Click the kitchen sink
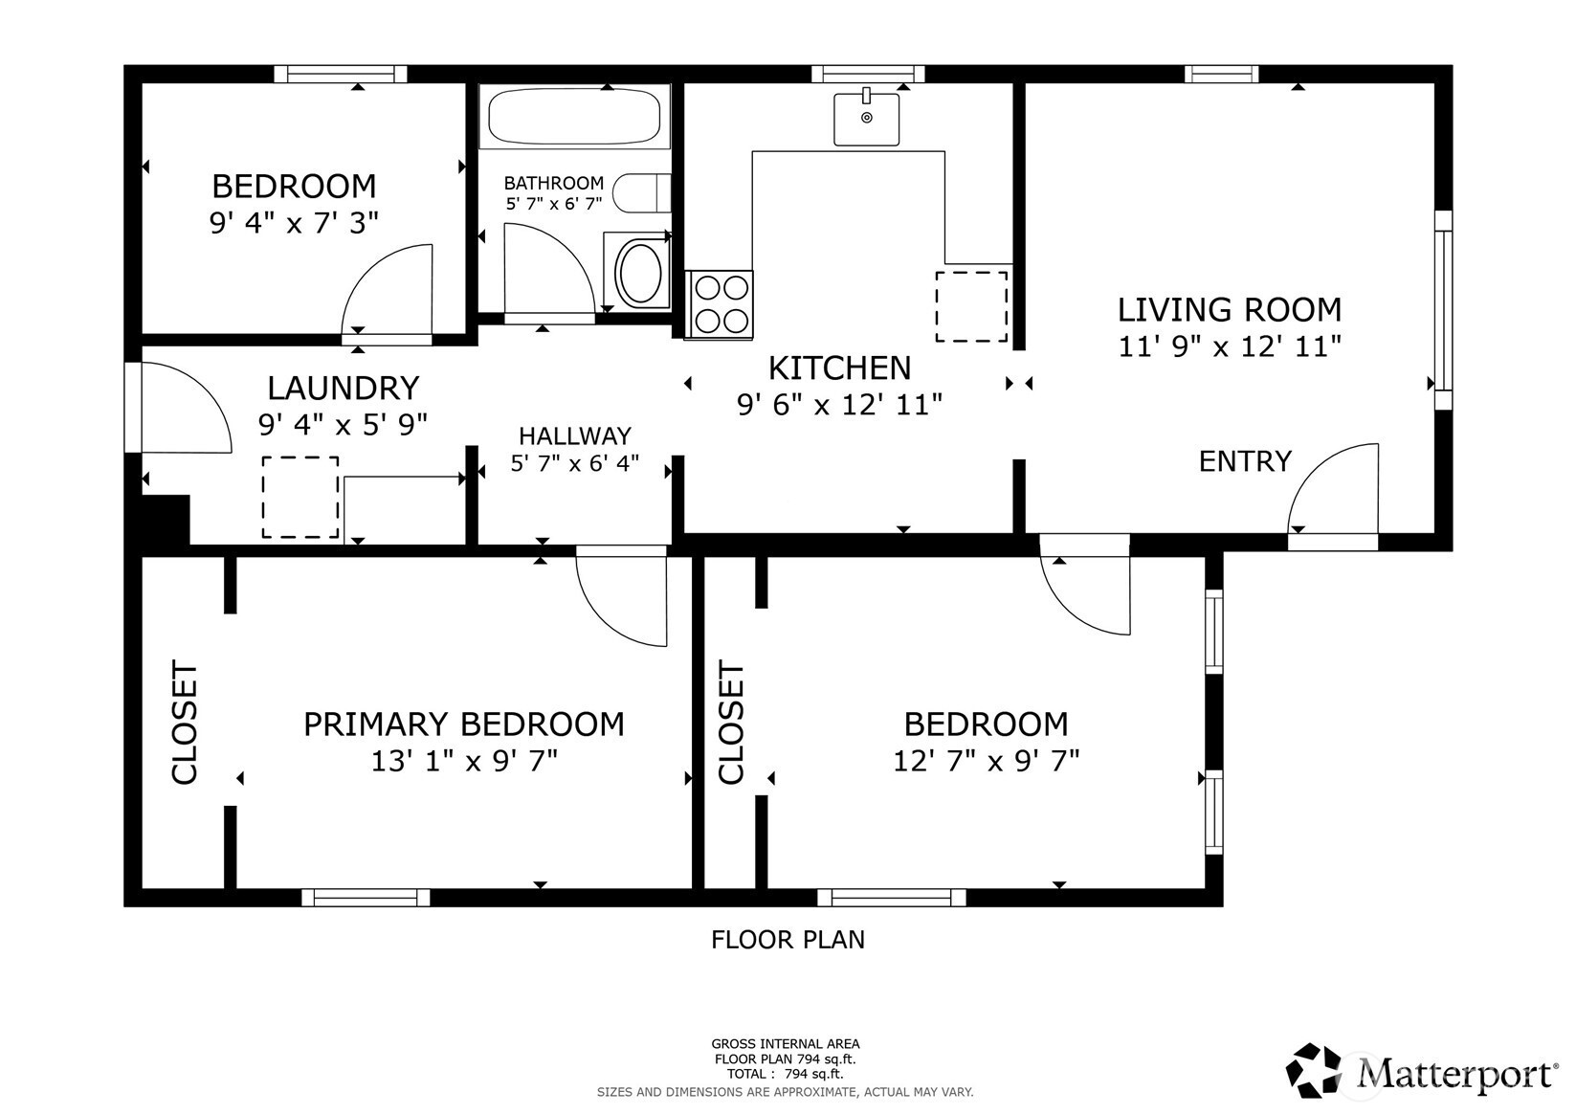click(x=866, y=119)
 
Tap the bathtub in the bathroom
click(x=574, y=116)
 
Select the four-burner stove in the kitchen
click(x=719, y=304)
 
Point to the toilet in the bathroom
click(x=642, y=192)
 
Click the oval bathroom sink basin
click(x=638, y=272)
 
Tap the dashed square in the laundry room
click(x=300, y=497)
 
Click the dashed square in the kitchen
click(x=971, y=307)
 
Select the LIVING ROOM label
click(x=1230, y=310)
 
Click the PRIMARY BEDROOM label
click(x=464, y=724)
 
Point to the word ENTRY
click(x=1245, y=461)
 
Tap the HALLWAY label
click(x=575, y=436)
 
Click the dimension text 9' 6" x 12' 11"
click(x=839, y=405)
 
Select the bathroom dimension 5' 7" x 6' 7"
click(x=554, y=204)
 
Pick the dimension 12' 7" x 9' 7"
click(x=986, y=761)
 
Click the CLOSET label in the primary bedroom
click(x=185, y=723)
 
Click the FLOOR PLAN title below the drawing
click(x=788, y=940)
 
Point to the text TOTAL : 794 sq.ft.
click(x=786, y=1074)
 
